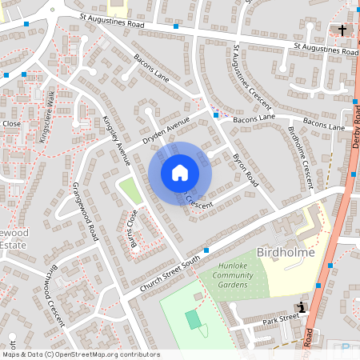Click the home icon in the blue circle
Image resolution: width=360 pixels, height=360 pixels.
tap(180, 172)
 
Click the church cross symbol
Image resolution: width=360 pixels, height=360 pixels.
tap(342, 30)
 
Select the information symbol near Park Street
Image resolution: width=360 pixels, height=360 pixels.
tap(301, 307)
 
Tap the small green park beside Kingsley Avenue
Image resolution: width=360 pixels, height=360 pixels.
tap(128, 190)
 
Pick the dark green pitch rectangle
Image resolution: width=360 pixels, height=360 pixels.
tap(194, 319)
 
